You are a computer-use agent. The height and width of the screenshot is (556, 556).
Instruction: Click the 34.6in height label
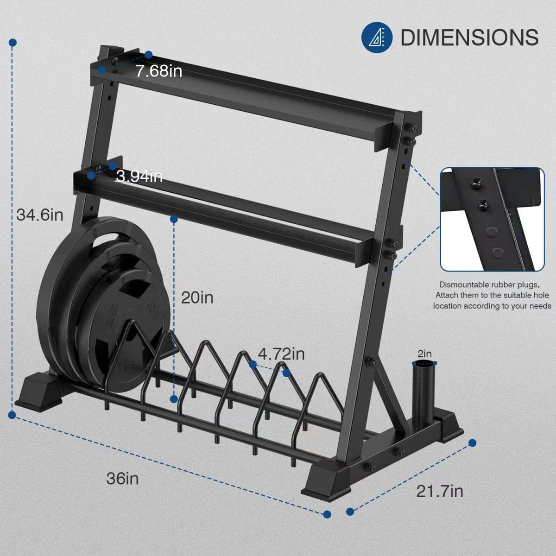[x=40, y=215]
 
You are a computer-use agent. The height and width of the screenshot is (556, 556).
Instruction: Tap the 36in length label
[x=123, y=478]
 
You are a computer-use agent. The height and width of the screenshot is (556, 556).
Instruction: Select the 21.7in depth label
[x=439, y=491]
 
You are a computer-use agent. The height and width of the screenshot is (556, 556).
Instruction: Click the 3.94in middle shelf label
[x=139, y=176]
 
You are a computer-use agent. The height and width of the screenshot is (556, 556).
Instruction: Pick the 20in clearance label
[x=197, y=297]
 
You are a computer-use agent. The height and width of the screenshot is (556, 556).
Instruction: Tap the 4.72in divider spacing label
[x=281, y=354]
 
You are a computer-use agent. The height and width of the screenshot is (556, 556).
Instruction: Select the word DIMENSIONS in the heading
[x=469, y=38]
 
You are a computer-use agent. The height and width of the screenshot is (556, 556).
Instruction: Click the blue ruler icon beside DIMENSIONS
[x=376, y=37]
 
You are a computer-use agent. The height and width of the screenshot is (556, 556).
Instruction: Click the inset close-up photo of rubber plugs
[x=492, y=219]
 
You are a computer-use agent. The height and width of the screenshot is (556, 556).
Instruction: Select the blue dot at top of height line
[x=13, y=42]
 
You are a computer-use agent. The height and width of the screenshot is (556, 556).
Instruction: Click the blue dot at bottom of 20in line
[x=174, y=398]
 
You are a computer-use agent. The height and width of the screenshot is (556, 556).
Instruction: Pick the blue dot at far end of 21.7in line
[x=473, y=443]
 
